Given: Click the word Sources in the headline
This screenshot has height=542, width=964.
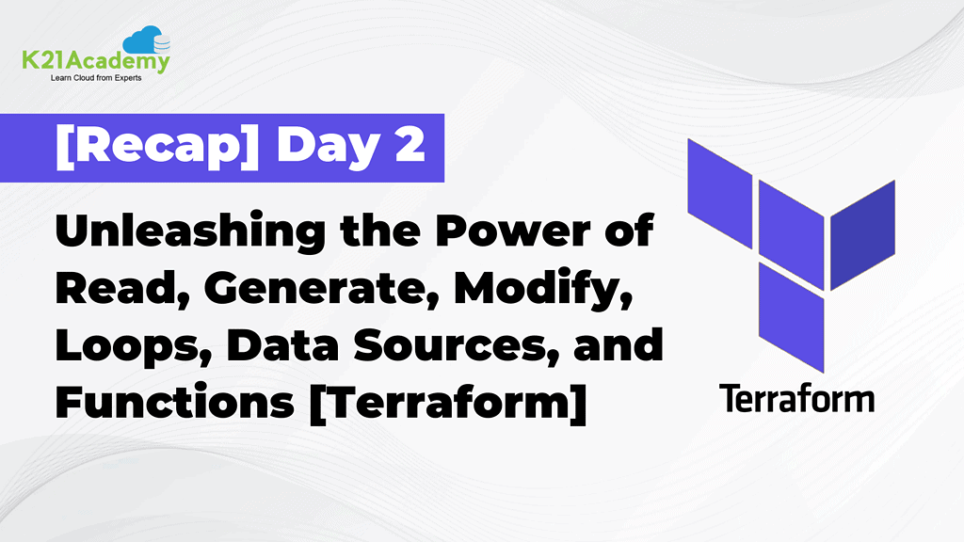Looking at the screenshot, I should (465, 348).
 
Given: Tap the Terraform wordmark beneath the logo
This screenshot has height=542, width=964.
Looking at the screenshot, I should (797, 398).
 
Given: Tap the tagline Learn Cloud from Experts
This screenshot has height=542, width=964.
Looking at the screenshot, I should (96, 79).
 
